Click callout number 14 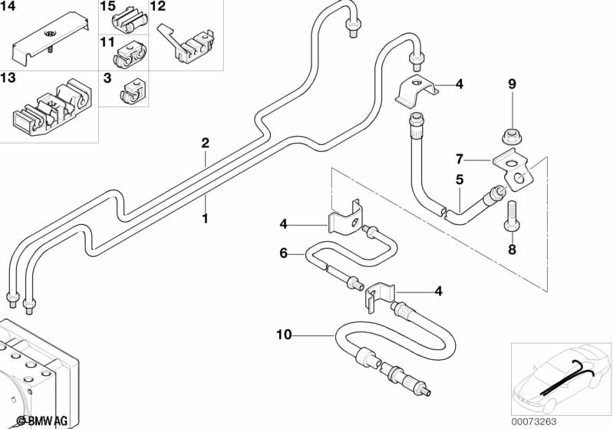click(x=8, y=6)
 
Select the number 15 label click(x=107, y=6)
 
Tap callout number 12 click(x=157, y=6)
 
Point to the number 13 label click(x=8, y=78)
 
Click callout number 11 click(x=107, y=41)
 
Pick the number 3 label click(x=107, y=78)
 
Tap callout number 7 click(x=460, y=160)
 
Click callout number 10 click(x=284, y=335)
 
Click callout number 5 click(x=460, y=180)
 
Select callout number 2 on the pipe click(x=205, y=143)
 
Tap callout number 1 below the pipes click(x=205, y=219)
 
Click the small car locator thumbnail click(x=559, y=376)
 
